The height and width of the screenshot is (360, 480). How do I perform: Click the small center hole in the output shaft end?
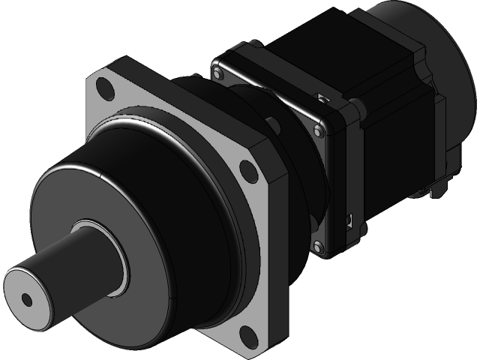(x=27, y=299)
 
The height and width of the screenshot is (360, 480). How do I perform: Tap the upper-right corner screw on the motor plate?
(x=320, y=130)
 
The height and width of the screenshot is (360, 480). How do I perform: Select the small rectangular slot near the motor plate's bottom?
(x=349, y=220)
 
